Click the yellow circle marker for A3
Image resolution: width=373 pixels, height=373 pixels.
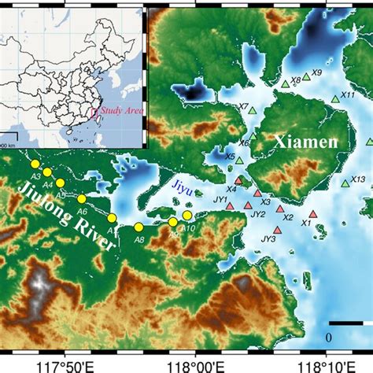click(35, 164)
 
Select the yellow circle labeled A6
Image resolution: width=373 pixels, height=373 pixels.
click(82, 198)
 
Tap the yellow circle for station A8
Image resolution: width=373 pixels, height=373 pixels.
click(138, 227)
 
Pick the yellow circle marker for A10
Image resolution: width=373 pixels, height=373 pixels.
click(187, 215)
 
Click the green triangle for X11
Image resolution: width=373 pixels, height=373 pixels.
click(335, 99)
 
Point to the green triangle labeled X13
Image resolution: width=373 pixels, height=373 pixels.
click(345, 183)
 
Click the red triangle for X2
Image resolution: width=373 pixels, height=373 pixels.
click(276, 208)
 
